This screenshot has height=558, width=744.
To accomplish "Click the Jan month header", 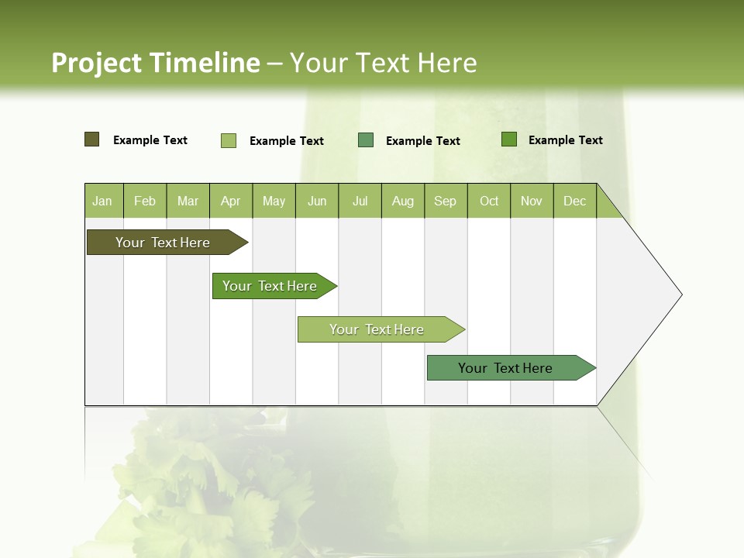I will coord(103,201).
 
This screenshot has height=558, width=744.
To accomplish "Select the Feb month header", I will coord(145,201).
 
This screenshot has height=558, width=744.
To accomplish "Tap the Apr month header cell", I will coord(231,201).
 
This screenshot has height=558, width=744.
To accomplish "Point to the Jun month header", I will coord(317,201).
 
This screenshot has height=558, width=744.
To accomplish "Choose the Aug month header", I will coord(403,201).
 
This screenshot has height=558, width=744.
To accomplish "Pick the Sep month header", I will coord(446,201).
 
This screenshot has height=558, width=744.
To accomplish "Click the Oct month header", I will coord(489,201).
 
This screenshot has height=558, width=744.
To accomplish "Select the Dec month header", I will coord(575,201).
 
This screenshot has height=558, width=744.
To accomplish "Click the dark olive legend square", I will coord(92,139).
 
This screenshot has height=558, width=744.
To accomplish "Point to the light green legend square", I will coord(229,140).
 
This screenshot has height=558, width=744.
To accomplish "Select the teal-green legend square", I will coord(366,140).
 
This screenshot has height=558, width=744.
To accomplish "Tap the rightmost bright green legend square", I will coord(509,139).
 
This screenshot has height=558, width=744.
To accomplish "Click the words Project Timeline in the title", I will coord(155,63).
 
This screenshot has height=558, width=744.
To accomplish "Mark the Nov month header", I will coord(532,201).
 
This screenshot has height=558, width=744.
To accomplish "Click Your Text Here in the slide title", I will coord(384,63).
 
